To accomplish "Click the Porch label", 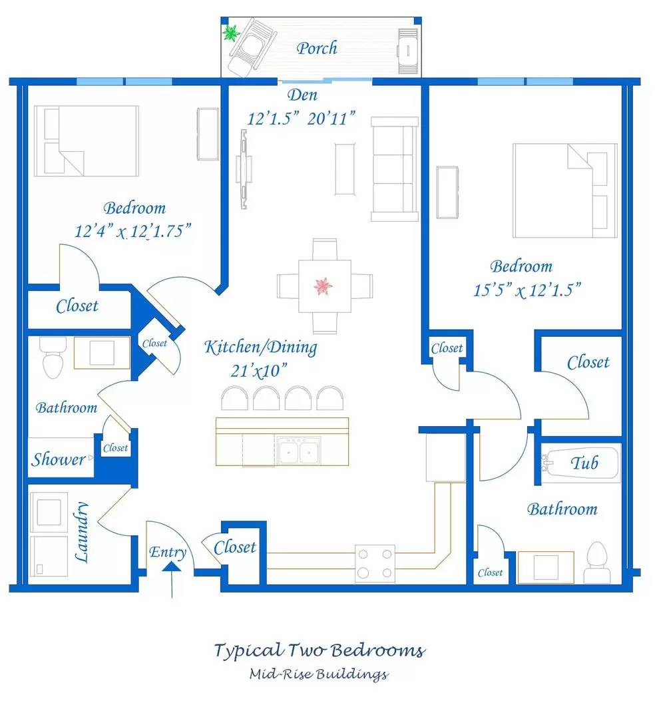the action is tap(316, 48).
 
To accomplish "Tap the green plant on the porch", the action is tap(232, 33).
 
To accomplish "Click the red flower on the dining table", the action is tap(324, 286).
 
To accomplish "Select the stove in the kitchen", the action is tap(375, 564).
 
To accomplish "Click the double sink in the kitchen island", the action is tap(298, 450).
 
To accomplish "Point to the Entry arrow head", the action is tap(172, 567).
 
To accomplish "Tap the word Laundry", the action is tap(82, 532).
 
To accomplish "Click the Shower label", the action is tap(58, 459).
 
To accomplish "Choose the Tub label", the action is tap(584, 463).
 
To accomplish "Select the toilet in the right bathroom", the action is tap(597, 563).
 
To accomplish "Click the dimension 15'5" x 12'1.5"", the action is tap(527, 290).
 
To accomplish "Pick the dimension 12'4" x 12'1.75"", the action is tap(132, 230).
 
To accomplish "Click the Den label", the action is tap(302, 95).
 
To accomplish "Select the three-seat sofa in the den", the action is tap(395, 169).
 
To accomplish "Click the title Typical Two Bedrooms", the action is tap(320, 651).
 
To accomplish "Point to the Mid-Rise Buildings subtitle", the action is tap(319, 674).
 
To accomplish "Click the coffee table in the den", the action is tap(345, 168).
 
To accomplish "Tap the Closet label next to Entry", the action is tap(235, 547).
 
